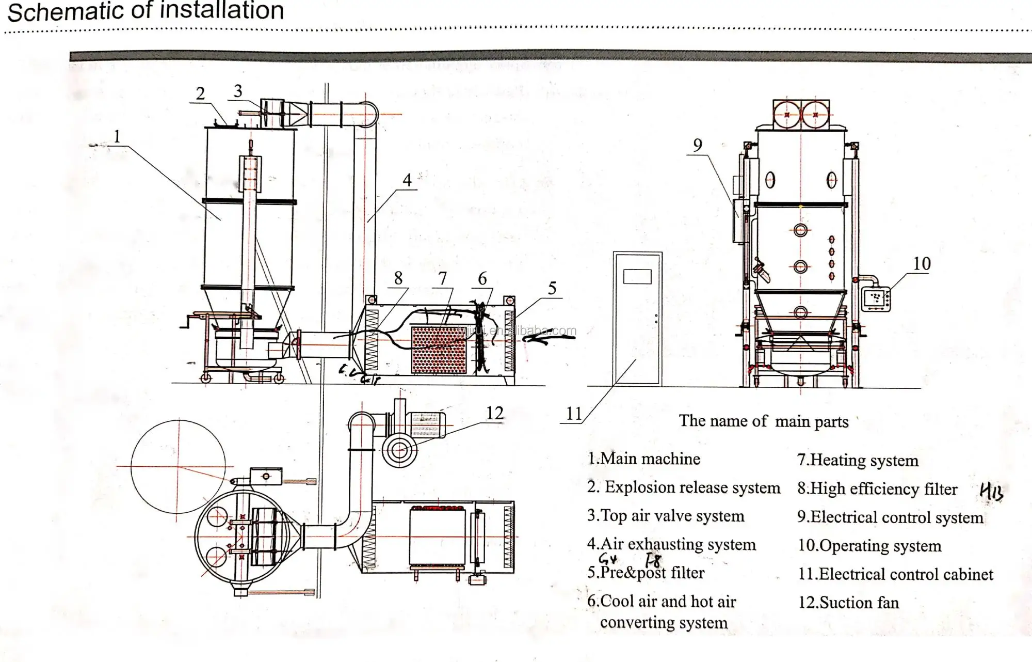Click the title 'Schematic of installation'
(x=146, y=11)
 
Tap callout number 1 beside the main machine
(x=117, y=136)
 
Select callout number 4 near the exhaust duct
(x=407, y=180)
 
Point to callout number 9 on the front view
(x=697, y=145)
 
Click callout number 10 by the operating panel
(x=922, y=264)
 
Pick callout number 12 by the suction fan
(x=494, y=413)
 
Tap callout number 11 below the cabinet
(x=574, y=414)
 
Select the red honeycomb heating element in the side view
(x=439, y=350)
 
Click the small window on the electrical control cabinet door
(x=637, y=276)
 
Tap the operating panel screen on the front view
(x=876, y=299)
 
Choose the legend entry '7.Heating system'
(x=858, y=460)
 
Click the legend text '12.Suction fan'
(x=848, y=603)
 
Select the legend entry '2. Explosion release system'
(x=684, y=487)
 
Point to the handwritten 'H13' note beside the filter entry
(x=991, y=491)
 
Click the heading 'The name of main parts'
(x=763, y=421)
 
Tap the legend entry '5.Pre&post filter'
(x=646, y=573)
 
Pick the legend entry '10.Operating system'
(x=869, y=546)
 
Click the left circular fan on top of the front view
(x=787, y=115)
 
